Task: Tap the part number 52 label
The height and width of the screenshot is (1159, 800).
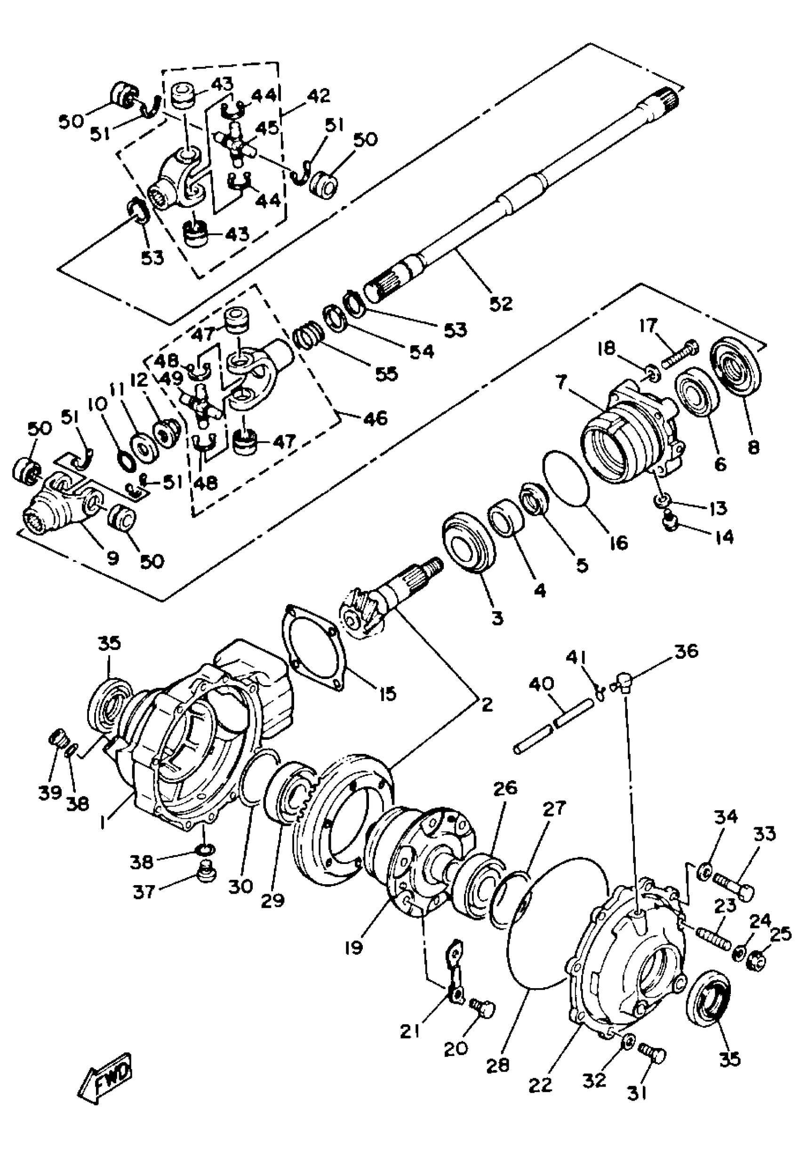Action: pos(501,303)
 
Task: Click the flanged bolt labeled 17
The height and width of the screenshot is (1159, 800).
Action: pos(680,353)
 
